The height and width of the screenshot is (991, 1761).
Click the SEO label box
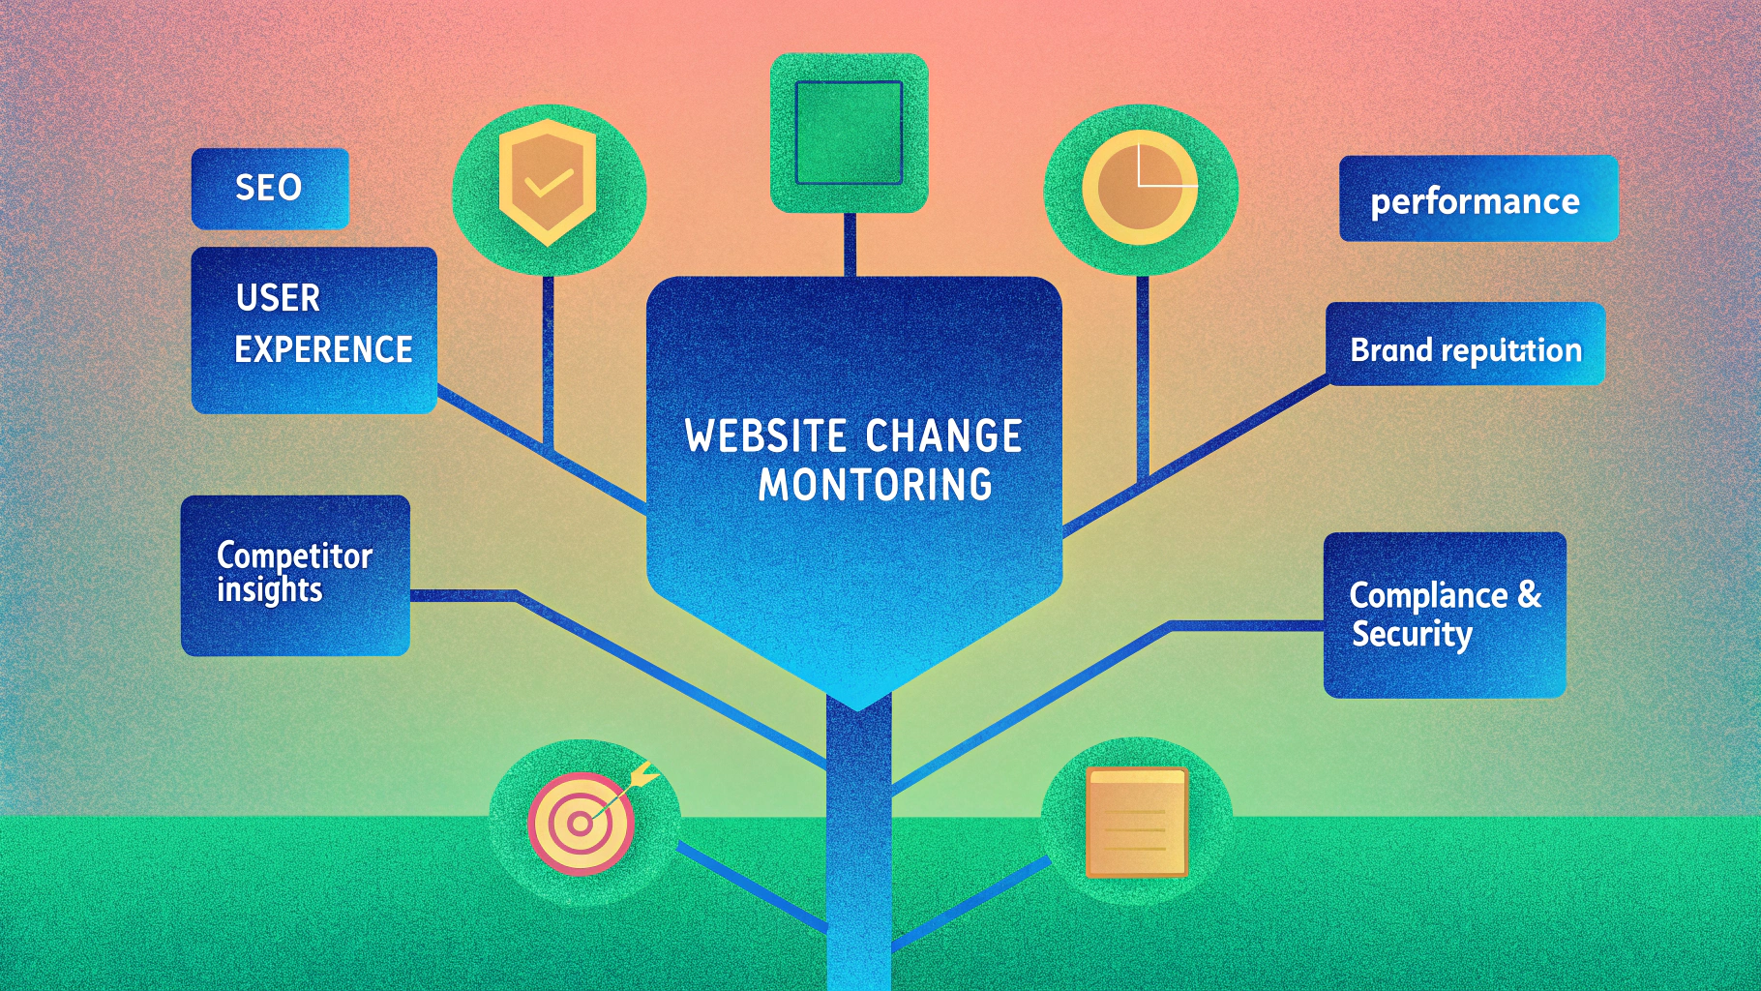(269, 188)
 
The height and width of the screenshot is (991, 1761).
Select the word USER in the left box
(278, 298)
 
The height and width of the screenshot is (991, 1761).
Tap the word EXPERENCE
(323, 349)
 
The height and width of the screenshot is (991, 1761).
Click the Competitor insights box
(295, 575)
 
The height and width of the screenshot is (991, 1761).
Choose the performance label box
(1477, 199)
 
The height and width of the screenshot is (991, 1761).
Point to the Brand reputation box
(1465, 345)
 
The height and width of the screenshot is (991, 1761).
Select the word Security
(1412, 634)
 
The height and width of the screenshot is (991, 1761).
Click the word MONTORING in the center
(875, 485)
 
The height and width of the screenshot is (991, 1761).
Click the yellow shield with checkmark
(548, 182)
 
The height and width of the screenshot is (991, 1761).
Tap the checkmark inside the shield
(548, 182)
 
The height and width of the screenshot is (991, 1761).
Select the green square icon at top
(849, 133)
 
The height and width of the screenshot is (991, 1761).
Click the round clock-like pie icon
(1140, 187)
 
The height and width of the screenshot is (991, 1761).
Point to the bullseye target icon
(581, 824)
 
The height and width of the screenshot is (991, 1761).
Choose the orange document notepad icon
(1136, 823)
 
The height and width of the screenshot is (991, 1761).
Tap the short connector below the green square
(850, 244)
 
